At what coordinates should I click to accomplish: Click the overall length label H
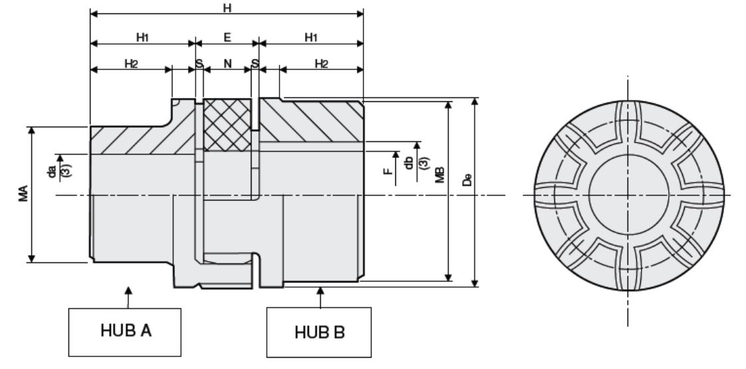click(x=228, y=6)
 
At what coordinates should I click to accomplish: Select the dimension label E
click(x=227, y=37)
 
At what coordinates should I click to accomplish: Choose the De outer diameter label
click(x=466, y=181)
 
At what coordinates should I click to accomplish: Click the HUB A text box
click(x=126, y=331)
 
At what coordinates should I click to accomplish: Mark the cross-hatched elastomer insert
click(x=227, y=124)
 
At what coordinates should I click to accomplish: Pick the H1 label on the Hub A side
click(x=142, y=37)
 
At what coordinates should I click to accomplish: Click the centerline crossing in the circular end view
click(x=627, y=195)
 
